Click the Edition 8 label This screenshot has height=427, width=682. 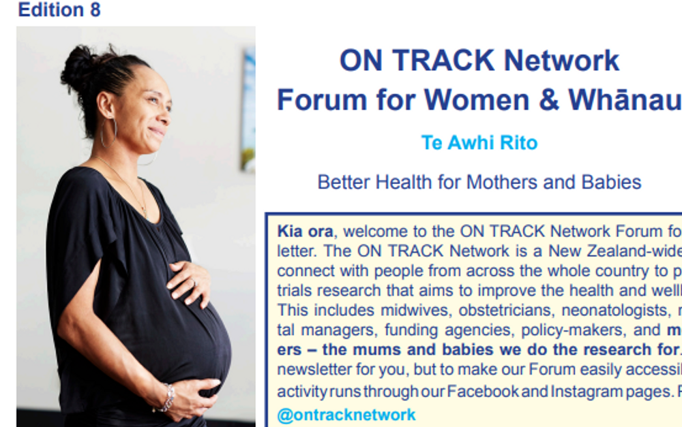pyautogui.click(x=59, y=10)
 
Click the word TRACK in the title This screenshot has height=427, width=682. pyautogui.click(x=443, y=61)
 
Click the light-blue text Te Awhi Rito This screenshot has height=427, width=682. pyautogui.click(x=479, y=143)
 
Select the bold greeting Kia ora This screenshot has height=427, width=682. pyautogui.click(x=305, y=231)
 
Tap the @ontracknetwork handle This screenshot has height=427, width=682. pyautogui.click(x=346, y=415)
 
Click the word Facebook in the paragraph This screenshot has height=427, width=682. pyautogui.click(x=481, y=392)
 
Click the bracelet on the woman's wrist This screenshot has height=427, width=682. pyautogui.click(x=166, y=398)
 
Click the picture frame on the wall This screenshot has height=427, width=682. pyautogui.click(x=248, y=109)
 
